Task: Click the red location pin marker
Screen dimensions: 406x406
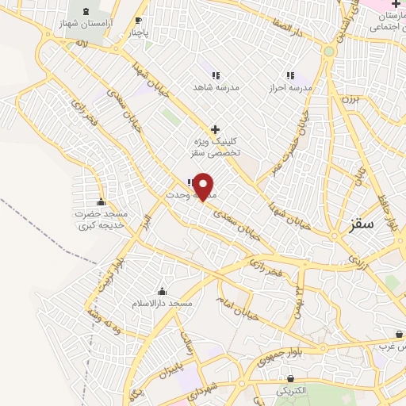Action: pos(204,186)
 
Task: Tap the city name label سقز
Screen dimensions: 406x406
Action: pos(361,224)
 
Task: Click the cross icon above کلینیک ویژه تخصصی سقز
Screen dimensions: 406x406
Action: pos(214,128)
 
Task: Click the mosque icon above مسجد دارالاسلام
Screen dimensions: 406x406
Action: pos(162,291)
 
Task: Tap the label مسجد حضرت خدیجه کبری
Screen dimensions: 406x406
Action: pos(101,220)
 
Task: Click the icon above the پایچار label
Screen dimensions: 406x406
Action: pos(139,21)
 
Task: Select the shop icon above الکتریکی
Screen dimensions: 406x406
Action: pos(291,379)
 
